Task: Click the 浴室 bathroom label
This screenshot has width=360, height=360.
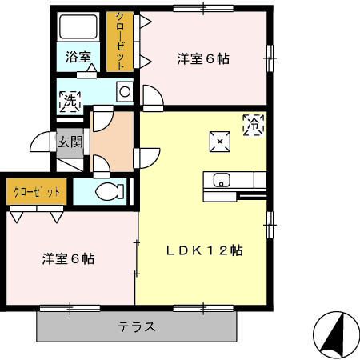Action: [78, 58]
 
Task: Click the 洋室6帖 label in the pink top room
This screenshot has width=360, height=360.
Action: [203, 58]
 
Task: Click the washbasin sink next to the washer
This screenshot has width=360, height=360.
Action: [124, 92]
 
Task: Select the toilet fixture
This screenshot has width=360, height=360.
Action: [109, 191]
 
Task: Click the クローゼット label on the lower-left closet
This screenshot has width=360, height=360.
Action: [37, 192]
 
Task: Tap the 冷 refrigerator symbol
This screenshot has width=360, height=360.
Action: [253, 124]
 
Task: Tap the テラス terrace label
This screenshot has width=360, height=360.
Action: [137, 326]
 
